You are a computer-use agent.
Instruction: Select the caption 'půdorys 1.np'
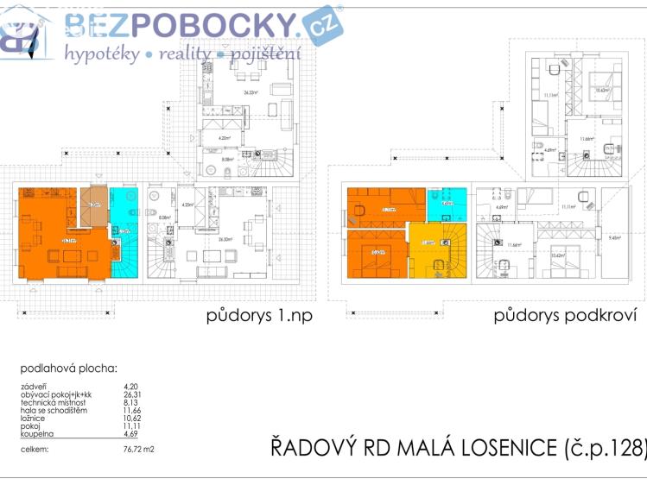click(259, 315)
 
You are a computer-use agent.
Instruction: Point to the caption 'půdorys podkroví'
click(565, 315)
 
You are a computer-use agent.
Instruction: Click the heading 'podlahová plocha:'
click(69, 368)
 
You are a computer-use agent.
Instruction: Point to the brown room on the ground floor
click(94, 205)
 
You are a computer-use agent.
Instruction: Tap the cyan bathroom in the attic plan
click(447, 204)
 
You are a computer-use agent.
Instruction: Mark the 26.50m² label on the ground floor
click(226, 239)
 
